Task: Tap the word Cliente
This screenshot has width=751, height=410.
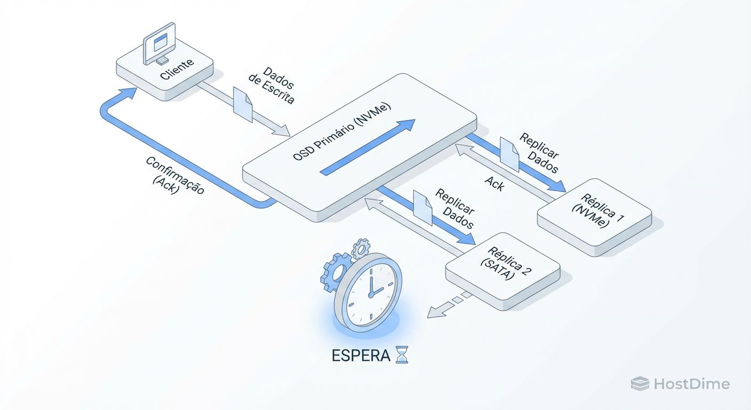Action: pyautogui.click(x=177, y=70)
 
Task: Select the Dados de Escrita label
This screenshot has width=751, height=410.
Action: pyautogui.click(x=271, y=85)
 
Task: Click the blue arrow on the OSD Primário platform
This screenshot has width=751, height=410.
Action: pyautogui.click(x=368, y=146)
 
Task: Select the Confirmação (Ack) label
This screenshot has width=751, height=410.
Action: pyautogui.click(x=174, y=177)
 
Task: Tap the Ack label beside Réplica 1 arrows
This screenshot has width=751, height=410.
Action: pyautogui.click(x=494, y=184)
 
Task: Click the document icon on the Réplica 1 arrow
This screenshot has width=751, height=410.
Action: pyautogui.click(x=509, y=154)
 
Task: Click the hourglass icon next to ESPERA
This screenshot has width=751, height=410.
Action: pyautogui.click(x=402, y=354)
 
